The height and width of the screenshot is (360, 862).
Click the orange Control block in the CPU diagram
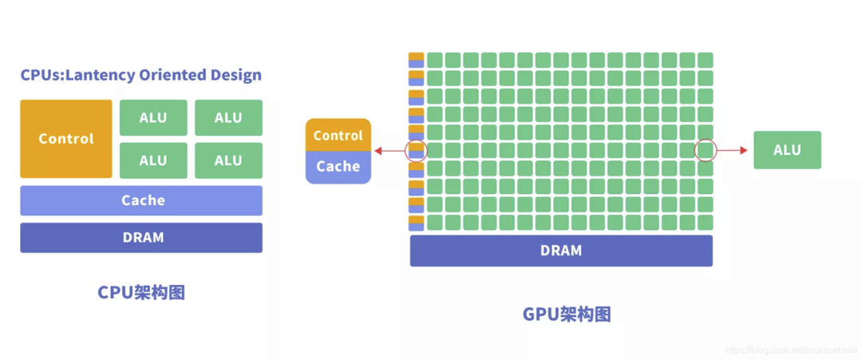pos(66,139)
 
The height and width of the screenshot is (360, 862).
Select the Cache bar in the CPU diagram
pos(141,200)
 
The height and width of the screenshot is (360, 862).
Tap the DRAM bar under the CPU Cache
pos(141,238)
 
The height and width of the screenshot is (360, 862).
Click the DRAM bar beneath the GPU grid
pos(561,251)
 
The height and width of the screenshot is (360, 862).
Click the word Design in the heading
pos(235,76)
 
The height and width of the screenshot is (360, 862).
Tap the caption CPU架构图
pos(141,292)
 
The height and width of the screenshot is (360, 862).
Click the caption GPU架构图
pos(567,314)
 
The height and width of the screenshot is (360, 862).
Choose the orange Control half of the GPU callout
pos(338,135)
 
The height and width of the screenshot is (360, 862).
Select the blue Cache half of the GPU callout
pos(338,167)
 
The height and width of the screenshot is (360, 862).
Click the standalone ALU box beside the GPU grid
pos(787,150)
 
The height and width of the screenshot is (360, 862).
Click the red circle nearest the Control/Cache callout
pos(417,150)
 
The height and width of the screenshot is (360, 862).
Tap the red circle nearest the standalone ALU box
pos(706,150)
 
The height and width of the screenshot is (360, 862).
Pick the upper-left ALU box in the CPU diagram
pos(153,117)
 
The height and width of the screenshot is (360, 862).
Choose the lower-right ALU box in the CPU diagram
pos(228,160)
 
